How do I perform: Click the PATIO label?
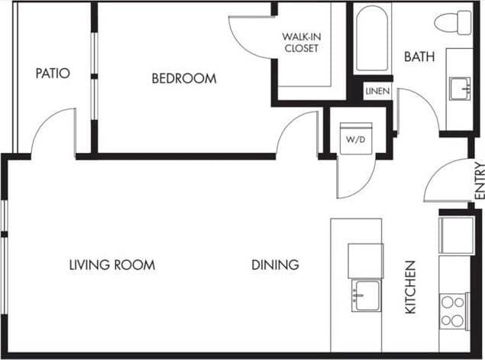tap(53, 74)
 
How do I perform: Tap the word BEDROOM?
tap(183, 79)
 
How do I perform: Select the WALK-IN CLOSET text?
tap(300, 42)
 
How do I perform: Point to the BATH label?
tap(419, 57)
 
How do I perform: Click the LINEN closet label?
tap(377, 92)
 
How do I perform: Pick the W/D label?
tap(354, 140)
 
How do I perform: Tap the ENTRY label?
tap(478, 181)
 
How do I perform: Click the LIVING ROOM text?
tap(112, 265)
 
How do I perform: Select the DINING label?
tap(275, 265)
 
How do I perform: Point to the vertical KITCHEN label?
tap(410, 287)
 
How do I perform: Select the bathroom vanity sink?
tap(460, 88)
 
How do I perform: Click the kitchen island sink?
tap(365, 295)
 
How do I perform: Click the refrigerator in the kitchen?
tap(456, 234)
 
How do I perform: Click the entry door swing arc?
tap(446, 182)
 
